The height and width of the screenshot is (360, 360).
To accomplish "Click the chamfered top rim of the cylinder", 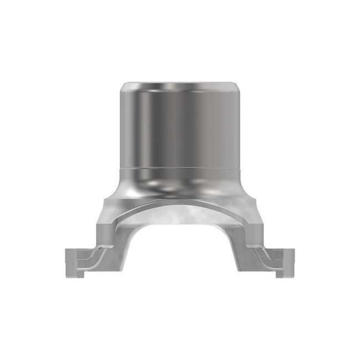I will pyautogui.click(x=181, y=85).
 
